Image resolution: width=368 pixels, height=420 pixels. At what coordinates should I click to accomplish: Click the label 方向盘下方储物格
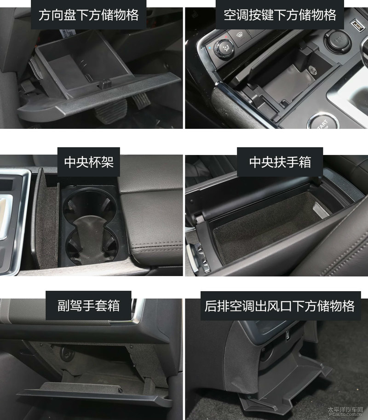(x=89, y=15)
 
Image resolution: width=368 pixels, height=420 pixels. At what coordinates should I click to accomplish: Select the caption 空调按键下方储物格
(x=280, y=15)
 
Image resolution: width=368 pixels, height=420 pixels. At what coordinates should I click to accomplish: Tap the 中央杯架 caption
(x=89, y=162)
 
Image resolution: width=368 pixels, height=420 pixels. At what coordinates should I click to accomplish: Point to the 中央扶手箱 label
(x=280, y=162)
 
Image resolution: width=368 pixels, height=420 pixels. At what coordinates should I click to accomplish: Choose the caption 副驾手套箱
(x=88, y=305)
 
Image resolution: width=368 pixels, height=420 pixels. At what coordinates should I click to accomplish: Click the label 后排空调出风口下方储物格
(x=280, y=306)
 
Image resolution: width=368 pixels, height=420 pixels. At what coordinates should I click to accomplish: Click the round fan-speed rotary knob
(x=224, y=48)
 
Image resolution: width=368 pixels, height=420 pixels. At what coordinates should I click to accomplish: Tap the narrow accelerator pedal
(x=141, y=100)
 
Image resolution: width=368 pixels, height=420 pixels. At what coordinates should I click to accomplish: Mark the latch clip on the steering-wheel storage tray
(x=105, y=84)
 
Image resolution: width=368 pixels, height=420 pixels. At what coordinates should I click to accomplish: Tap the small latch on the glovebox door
(x=120, y=390)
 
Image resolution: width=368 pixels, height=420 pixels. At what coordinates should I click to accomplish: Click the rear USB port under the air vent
(x=288, y=336)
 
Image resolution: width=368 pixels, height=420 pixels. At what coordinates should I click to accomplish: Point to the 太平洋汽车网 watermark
(x=345, y=409)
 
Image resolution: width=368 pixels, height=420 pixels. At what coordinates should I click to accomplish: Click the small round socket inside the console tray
(x=312, y=70)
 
